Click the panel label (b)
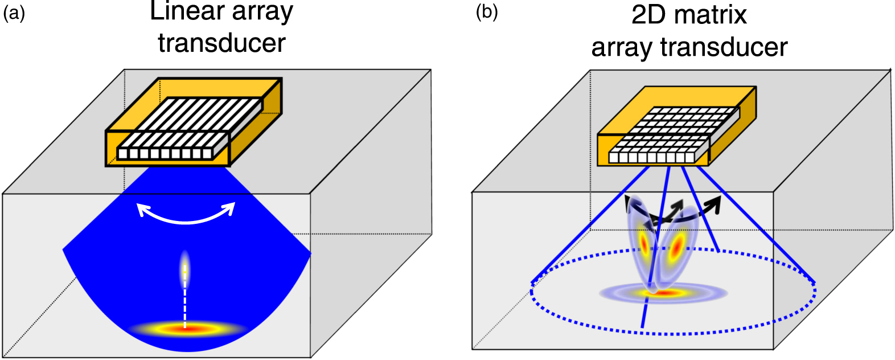[x=487, y=13]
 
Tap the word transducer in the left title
[x=221, y=43]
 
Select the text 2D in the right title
[x=648, y=15]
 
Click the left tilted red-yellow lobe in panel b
[x=644, y=242]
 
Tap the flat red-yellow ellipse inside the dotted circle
[x=663, y=294]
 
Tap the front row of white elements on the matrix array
[x=652, y=157]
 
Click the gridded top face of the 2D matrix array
[x=678, y=128]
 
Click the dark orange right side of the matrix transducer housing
[x=734, y=128]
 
